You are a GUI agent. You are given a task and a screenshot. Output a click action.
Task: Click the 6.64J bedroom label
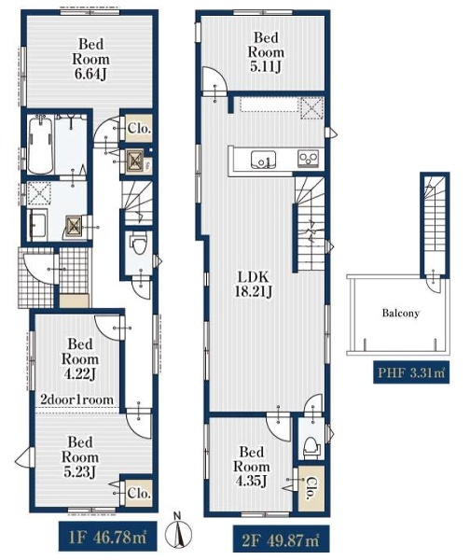pos(90,59)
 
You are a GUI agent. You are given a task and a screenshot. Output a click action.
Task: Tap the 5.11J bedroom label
pos(266,52)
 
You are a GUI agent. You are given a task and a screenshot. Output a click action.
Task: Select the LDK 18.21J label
pos(254,284)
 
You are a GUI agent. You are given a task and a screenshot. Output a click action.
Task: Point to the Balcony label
pos(400,314)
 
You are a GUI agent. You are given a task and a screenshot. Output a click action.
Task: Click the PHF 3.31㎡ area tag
pos(411,372)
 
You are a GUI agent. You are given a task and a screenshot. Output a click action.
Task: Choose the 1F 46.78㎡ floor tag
pos(108,537)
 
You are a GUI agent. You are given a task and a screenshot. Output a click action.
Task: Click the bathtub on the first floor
pos(40,145)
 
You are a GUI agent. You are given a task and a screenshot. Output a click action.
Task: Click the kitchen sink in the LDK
pos(263,159)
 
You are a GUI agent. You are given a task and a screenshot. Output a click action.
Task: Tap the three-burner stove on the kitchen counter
pos(309,159)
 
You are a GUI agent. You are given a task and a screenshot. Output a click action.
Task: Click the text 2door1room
pos(76,399)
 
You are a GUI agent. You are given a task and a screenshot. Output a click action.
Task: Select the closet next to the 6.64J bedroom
pos(138,128)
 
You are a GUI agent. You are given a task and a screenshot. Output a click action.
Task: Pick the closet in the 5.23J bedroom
pos(138,493)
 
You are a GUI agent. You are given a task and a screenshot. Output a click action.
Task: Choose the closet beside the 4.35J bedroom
pos(311,488)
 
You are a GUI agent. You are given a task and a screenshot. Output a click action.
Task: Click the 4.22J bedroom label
pos(79,359)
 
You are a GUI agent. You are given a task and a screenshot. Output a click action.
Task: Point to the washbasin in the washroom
pos(37,224)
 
